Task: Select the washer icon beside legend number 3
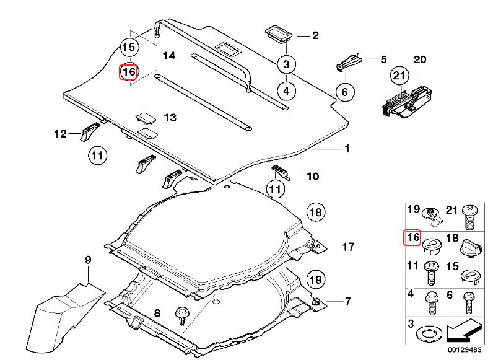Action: (428, 333)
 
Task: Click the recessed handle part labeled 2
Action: (279, 35)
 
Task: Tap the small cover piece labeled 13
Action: (147, 117)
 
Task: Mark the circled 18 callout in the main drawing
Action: (316, 213)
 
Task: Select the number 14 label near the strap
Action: (169, 56)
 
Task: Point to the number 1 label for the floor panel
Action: (347, 149)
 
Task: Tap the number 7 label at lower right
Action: (347, 302)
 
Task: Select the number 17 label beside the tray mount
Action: (347, 247)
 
